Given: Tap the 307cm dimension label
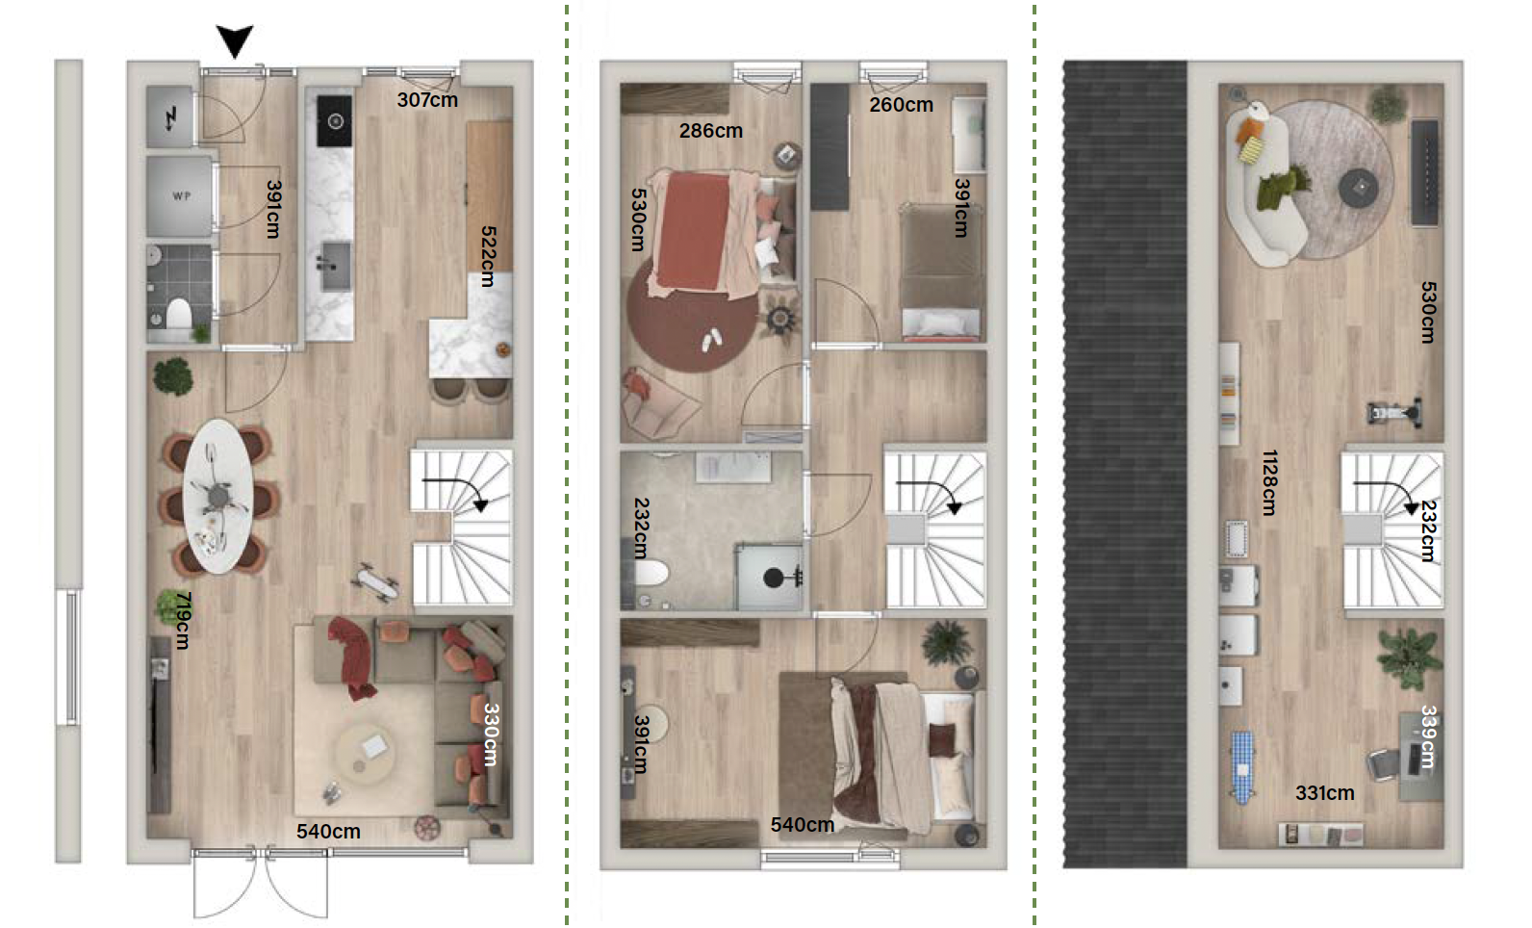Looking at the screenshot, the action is click(x=427, y=100).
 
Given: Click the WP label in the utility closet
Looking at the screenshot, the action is click(x=181, y=196).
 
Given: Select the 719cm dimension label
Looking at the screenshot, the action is click(x=183, y=620).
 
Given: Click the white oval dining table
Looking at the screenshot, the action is click(x=218, y=496).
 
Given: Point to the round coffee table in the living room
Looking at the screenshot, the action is click(x=365, y=754).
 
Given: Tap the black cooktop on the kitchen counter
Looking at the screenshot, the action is click(x=335, y=121).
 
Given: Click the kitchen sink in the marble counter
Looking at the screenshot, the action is click(x=335, y=267).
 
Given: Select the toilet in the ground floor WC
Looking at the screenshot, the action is click(x=179, y=314).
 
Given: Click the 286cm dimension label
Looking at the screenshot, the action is click(x=710, y=131).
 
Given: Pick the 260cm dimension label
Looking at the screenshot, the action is click(x=901, y=105).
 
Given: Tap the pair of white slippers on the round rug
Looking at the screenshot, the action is click(x=712, y=340).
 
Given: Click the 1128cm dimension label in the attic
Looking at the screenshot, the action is click(x=1269, y=482).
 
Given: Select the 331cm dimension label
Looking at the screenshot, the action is click(x=1325, y=793).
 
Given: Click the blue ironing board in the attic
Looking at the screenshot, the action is click(x=1243, y=767).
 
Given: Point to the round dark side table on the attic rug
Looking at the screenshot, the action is click(x=1358, y=188).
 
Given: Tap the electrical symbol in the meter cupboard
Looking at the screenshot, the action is click(x=170, y=118).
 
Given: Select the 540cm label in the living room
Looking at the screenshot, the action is click(x=328, y=832).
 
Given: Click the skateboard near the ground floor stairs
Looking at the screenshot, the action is click(x=374, y=582).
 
